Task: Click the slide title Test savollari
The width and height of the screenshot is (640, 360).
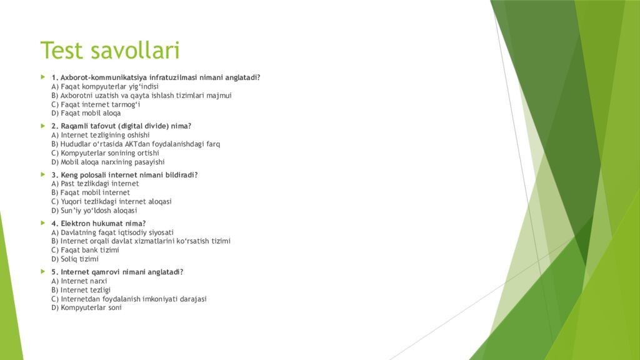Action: (110, 51)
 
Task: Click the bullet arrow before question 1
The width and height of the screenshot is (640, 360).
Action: (43, 77)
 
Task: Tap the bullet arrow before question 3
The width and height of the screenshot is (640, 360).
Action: (43, 174)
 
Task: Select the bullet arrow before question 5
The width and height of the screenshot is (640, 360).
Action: (43, 271)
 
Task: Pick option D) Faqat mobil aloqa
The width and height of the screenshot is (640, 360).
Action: (86, 113)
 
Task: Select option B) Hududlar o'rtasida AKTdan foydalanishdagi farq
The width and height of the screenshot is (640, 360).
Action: (136, 144)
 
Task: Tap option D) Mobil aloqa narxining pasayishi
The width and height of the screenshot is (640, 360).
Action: (108, 162)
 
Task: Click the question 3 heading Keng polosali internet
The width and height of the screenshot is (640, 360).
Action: (124, 175)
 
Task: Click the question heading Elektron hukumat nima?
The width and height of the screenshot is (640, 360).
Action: (99, 223)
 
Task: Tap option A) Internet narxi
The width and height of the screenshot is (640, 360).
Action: (79, 281)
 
